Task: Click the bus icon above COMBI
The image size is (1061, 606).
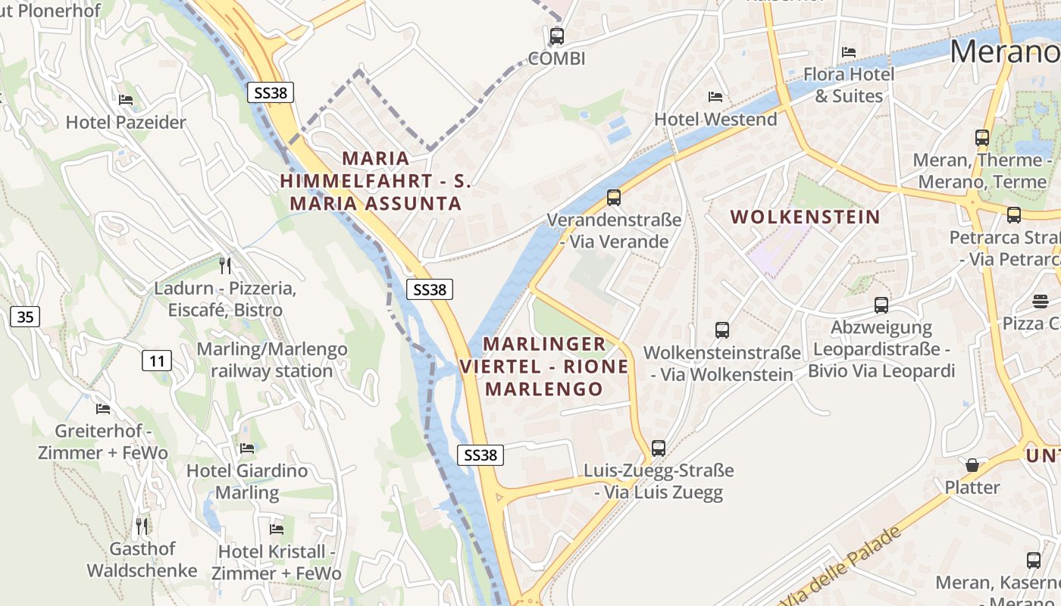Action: coord(557,36)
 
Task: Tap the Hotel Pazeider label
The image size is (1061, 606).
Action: coord(126,122)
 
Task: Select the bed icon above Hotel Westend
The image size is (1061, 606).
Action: coord(715,96)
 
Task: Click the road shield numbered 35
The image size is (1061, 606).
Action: coord(25,317)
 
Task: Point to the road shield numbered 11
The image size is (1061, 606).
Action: coord(157,361)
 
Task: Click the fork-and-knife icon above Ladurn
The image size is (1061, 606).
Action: coord(224,265)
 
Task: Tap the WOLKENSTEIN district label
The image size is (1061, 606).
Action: coord(805,217)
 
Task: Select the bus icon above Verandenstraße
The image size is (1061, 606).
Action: coord(614,198)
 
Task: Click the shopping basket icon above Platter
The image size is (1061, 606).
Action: coord(972,464)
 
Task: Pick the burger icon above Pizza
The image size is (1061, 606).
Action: coord(1040,301)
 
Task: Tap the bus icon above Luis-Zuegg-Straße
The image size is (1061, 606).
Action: coord(659,448)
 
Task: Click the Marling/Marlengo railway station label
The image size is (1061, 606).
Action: coord(272,360)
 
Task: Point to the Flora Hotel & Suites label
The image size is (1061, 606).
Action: coord(849,85)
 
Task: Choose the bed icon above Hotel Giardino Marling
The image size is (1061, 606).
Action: coord(247,448)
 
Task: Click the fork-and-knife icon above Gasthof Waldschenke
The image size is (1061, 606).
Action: coord(142,526)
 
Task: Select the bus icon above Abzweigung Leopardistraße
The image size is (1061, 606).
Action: coord(881,305)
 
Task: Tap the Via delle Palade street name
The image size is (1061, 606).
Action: coord(841,565)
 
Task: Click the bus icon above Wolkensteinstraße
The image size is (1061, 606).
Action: coord(722,330)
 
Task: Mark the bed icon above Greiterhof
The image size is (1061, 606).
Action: coord(103,409)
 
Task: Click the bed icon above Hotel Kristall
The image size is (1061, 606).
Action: coord(277,529)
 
